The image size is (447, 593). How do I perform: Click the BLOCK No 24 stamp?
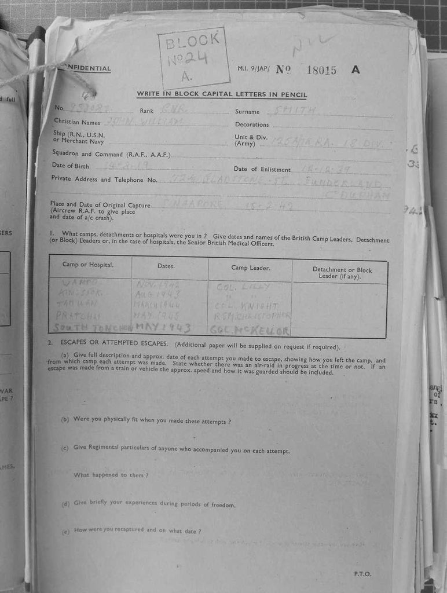194,57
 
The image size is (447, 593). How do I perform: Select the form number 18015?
321,70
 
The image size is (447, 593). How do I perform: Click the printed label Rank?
146,111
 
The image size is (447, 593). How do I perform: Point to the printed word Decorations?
252,125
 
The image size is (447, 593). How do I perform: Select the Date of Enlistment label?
262,169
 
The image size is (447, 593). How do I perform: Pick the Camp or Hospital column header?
88,265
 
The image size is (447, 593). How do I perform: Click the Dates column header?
166,266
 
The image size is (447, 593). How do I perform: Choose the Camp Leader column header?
251,268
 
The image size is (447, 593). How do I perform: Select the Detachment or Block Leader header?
342,273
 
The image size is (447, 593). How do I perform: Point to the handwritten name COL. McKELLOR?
250,330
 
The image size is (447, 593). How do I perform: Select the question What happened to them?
111,475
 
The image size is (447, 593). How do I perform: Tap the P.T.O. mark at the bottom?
362,574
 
